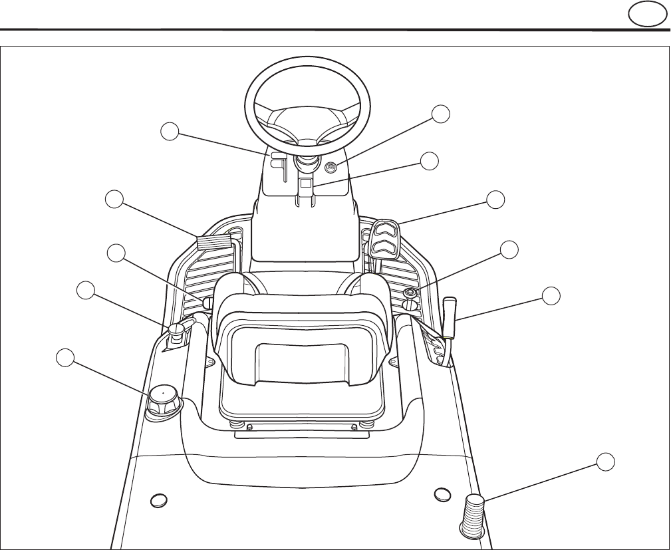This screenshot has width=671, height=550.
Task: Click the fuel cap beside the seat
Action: [162, 401]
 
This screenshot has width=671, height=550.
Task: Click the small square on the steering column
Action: [305, 182]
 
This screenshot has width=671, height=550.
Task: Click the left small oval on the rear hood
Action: [158, 499]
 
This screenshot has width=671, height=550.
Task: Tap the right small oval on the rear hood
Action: [442, 494]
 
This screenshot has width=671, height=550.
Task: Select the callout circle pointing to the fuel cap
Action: [65, 357]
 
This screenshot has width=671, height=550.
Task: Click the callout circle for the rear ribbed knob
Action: [604, 462]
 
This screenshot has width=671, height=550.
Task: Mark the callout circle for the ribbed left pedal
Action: [116, 199]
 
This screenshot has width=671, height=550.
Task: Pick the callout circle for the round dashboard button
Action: [440, 114]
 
